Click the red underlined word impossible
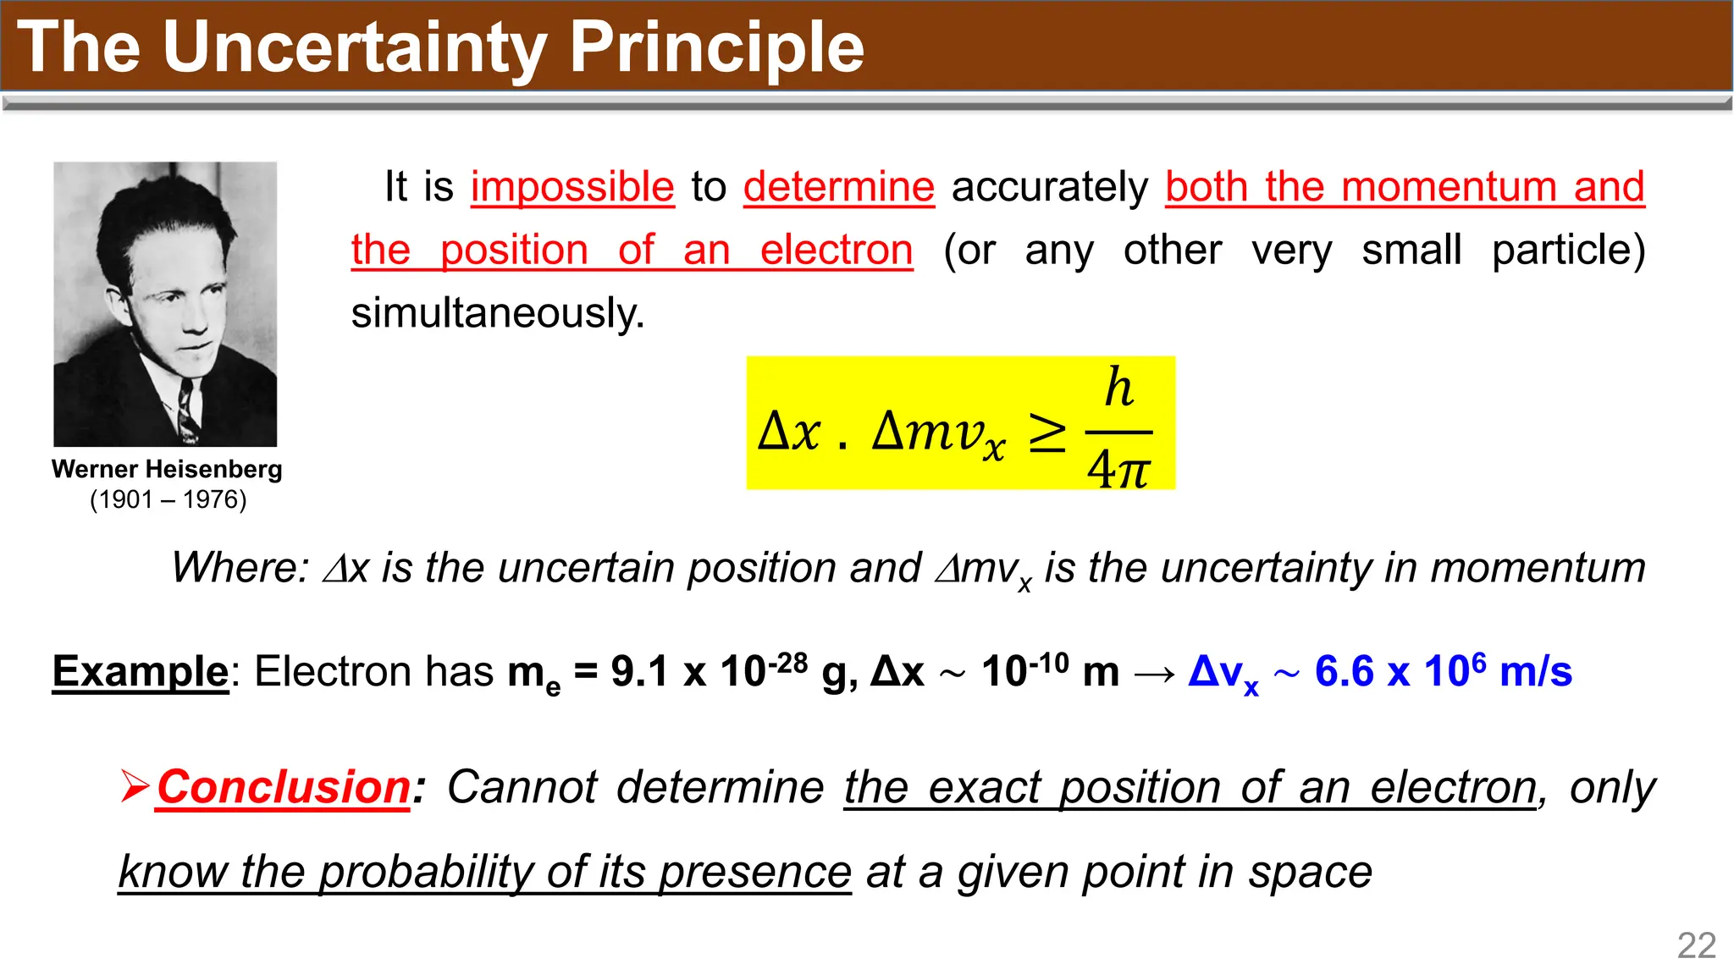pos(572,187)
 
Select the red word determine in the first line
pos(839,187)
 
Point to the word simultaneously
pos(498,313)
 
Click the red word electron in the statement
pos(837,251)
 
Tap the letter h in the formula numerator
pos(1118,388)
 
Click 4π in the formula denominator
pos(1118,468)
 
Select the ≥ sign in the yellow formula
pos(1047,433)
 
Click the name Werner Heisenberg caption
pos(167,470)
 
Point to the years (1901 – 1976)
pos(168,499)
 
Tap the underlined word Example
pos(141,672)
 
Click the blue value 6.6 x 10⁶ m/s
pos(1443,672)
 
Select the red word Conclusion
pos(284,787)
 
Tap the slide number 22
pos(1697,945)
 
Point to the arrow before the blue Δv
pos(1154,674)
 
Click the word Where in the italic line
pos(240,567)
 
